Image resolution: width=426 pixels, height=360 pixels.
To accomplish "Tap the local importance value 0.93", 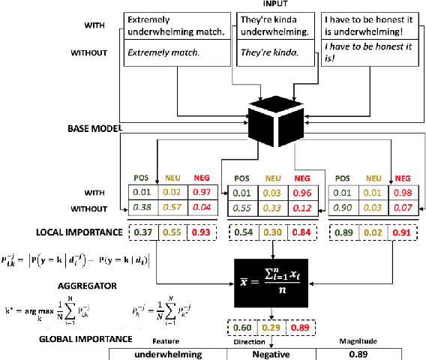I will click(200, 233).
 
